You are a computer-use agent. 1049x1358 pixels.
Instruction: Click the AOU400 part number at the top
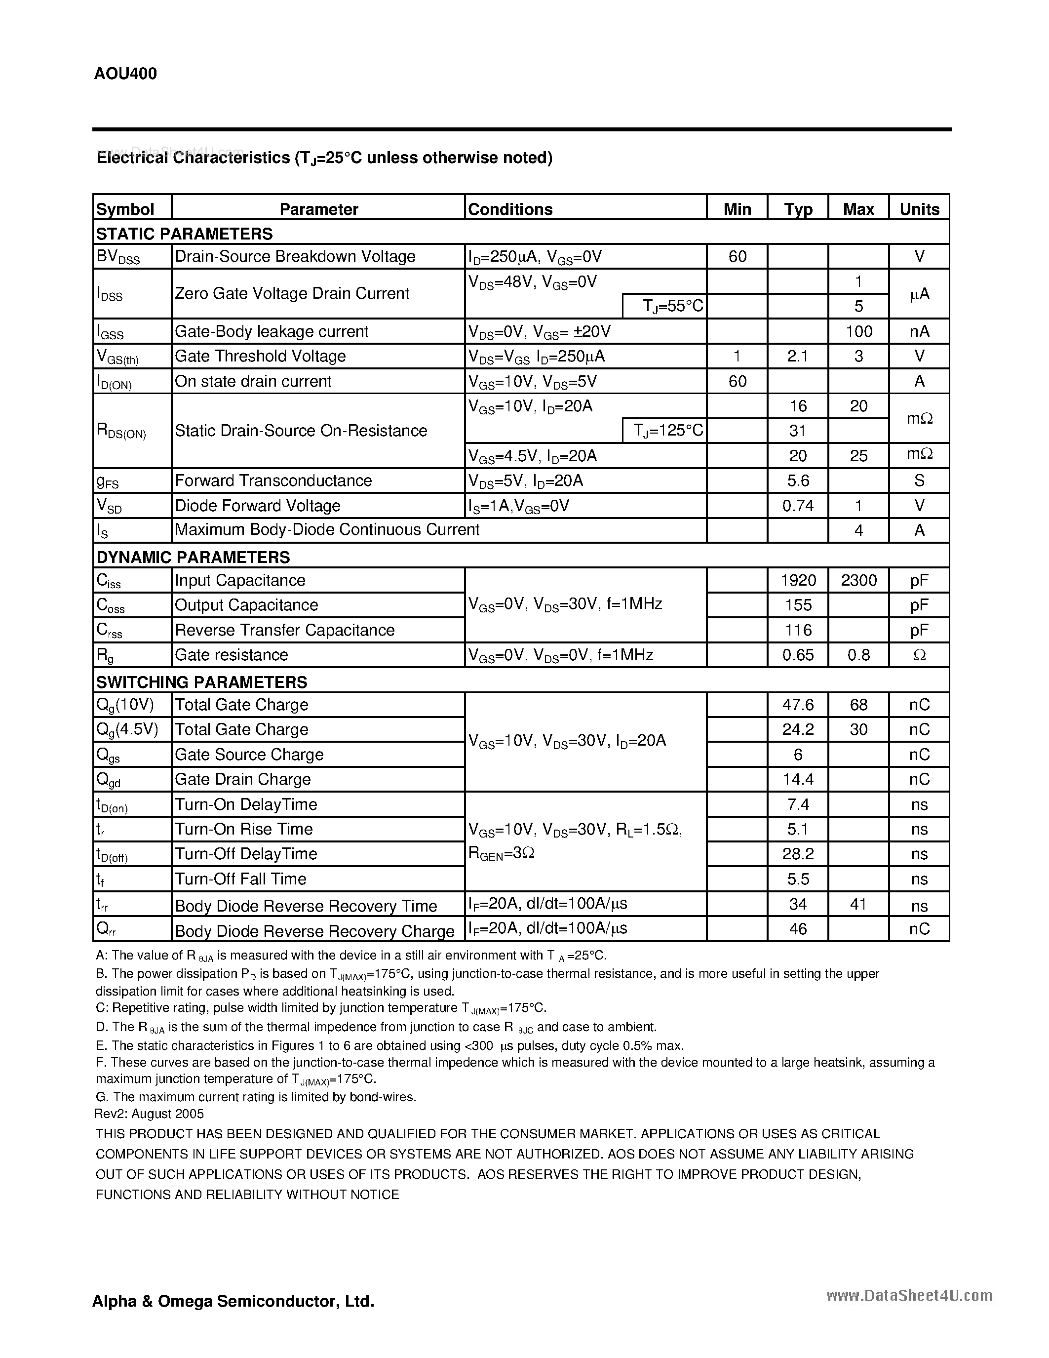coord(125,74)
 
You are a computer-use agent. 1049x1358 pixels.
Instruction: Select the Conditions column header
coord(510,209)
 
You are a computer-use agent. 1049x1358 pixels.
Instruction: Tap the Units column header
coord(919,209)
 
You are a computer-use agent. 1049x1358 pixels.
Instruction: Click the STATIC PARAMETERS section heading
coord(185,234)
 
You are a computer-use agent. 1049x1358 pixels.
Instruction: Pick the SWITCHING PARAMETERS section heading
coord(202,682)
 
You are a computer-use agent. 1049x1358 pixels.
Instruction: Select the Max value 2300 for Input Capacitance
coord(858,580)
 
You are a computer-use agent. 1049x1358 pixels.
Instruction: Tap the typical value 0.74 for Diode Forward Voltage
coord(798,506)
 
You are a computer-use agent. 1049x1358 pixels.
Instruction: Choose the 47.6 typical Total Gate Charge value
coord(798,705)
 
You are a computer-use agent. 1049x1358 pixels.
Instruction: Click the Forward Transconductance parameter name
coord(273,480)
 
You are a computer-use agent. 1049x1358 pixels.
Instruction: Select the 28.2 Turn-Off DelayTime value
coord(798,854)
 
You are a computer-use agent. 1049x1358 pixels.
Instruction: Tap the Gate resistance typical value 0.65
coord(798,655)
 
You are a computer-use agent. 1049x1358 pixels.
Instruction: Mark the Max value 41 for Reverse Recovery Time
coord(858,904)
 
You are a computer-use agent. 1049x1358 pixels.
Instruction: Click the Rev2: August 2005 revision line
coord(150,1114)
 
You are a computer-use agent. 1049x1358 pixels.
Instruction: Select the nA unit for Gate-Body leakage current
coord(919,331)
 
